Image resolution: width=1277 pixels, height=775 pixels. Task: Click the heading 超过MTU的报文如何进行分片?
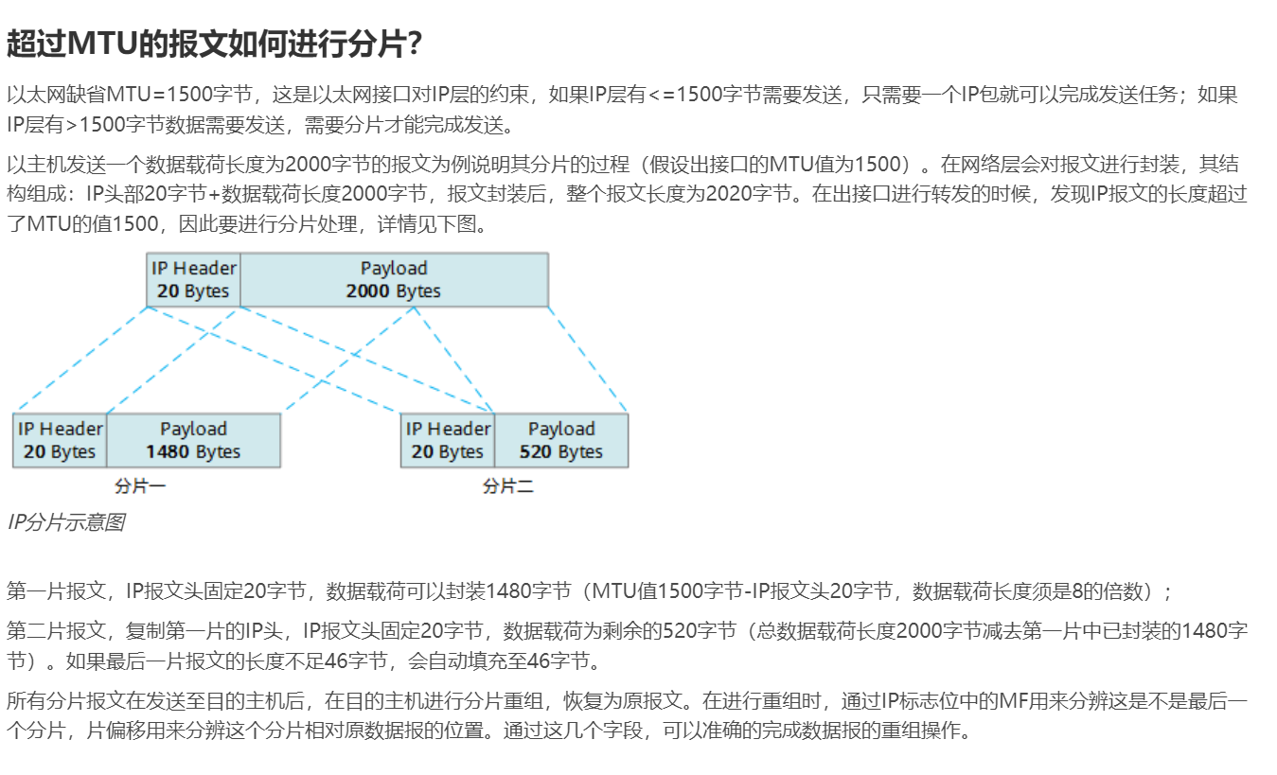[214, 43]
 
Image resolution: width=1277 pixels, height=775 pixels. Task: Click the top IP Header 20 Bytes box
[193, 279]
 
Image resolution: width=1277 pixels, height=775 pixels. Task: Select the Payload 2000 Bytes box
[393, 279]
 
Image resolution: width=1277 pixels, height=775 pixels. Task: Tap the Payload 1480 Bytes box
[193, 440]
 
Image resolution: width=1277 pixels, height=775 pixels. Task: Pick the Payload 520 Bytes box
[560, 440]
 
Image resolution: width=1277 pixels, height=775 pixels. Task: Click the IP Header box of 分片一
[60, 440]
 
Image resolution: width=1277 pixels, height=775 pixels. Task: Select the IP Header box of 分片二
[448, 440]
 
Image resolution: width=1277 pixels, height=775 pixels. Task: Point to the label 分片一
[140, 486]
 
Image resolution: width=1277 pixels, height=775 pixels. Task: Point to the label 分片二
[508, 486]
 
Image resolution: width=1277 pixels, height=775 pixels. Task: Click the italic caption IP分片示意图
[65, 522]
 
